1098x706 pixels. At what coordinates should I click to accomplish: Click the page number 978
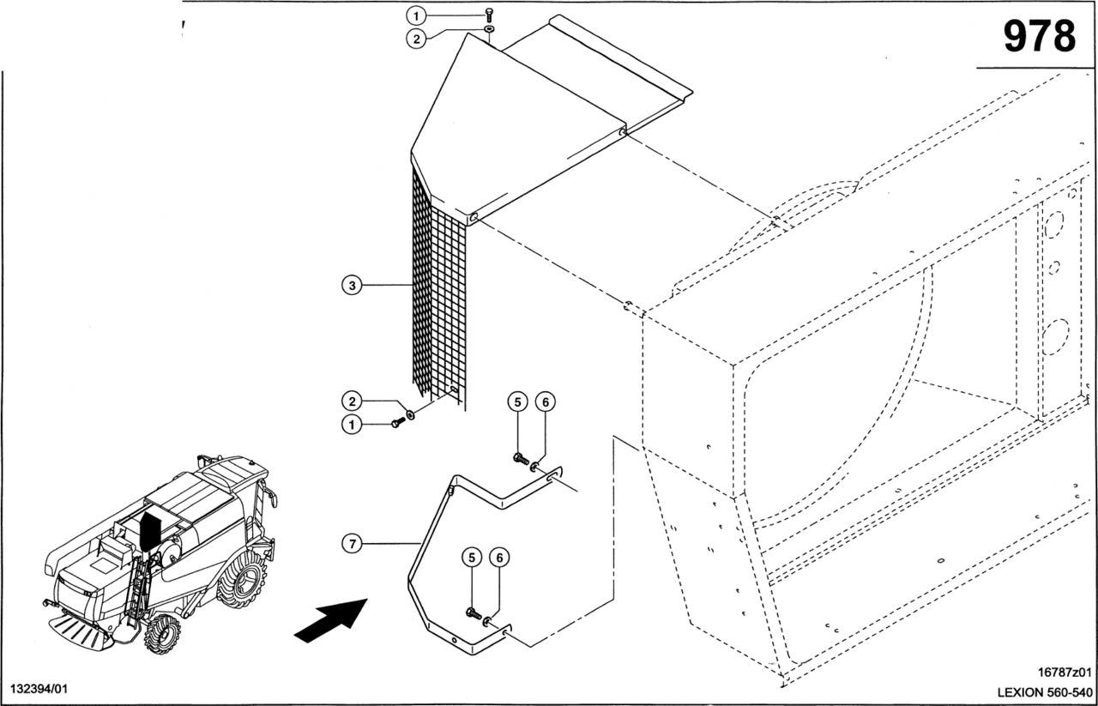[x=1039, y=36]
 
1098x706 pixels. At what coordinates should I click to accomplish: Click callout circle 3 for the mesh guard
[x=350, y=286]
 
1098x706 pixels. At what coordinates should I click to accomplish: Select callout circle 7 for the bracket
[x=350, y=542]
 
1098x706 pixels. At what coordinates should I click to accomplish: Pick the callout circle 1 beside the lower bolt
[x=350, y=424]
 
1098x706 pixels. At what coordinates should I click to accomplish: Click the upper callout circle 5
[x=516, y=401]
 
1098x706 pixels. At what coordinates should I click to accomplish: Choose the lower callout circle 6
[x=498, y=558]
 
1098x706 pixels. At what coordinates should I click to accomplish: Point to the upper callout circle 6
[x=544, y=401]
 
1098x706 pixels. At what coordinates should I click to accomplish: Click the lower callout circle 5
[x=471, y=558]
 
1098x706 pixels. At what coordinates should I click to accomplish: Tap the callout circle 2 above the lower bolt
[x=350, y=401]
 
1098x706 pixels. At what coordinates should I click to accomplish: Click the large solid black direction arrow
[x=330, y=619]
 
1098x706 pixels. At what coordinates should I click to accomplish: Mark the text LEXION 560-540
[x=1044, y=691]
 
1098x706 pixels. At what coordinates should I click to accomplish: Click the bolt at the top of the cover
[x=489, y=14]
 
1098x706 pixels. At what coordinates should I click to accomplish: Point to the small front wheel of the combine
[x=162, y=635]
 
